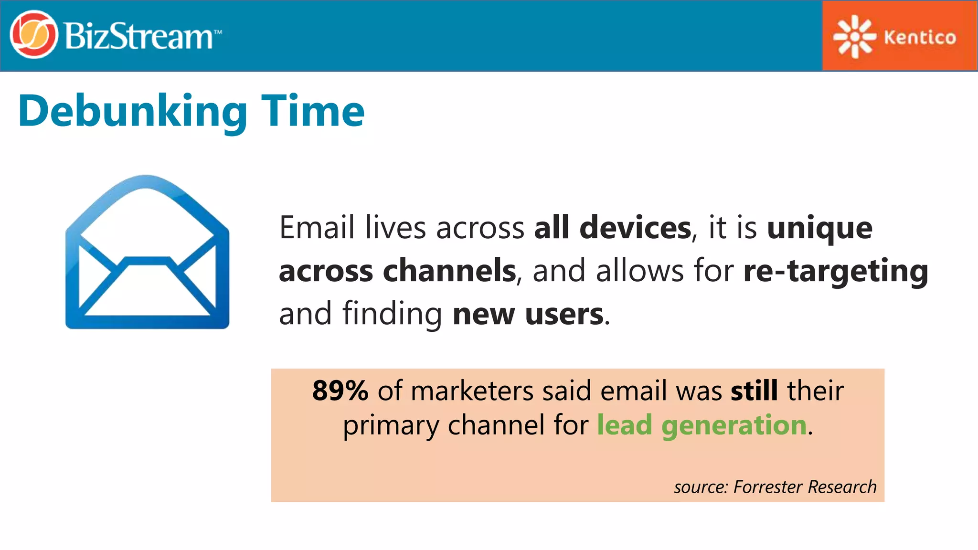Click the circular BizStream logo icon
tap(33, 35)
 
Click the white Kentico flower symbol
tap(854, 37)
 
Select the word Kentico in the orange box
tap(920, 37)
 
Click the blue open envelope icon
tap(147, 252)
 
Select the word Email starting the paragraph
tap(316, 228)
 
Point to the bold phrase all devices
tap(612, 228)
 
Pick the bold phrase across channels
tap(397, 271)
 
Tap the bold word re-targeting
tap(836, 271)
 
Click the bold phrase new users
tap(528, 314)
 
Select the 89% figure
tap(340, 391)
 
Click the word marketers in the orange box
tap(471, 391)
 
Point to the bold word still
tap(754, 391)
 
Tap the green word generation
tap(733, 425)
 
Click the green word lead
tap(624, 424)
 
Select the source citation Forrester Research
tap(805, 487)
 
